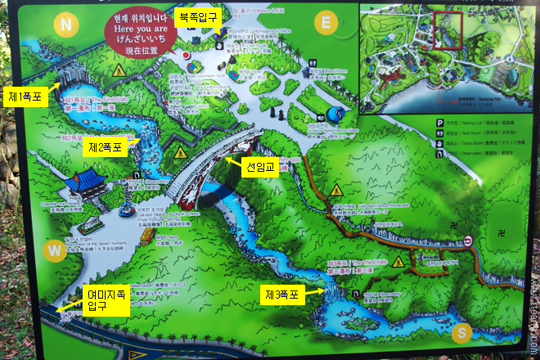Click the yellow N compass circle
[x=65, y=25]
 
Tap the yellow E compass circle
[x=326, y=22]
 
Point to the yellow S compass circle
[x=462, y=332]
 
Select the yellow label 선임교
[x=262, y=169]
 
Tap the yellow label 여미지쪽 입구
[x=106, y=299]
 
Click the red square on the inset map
[x=448, y=29]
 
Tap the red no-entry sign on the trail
[x=467, y=241]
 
